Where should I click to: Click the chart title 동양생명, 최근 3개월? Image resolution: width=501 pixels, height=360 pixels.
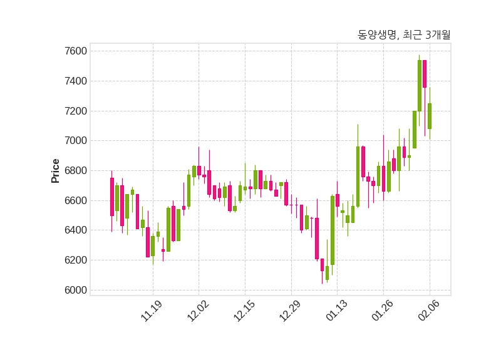404,35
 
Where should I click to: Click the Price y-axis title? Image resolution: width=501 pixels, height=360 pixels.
56,170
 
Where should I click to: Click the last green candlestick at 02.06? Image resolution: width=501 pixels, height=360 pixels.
430,116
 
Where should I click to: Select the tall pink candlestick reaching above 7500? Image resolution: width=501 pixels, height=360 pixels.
425,74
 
